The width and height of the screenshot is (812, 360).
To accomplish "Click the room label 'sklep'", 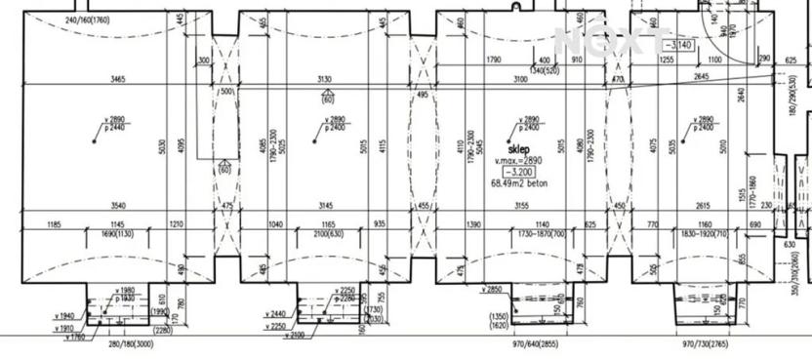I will pos(519,150).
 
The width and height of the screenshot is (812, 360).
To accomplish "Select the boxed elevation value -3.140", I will pos(677,45).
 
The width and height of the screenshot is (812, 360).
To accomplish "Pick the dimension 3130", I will pos(326,79).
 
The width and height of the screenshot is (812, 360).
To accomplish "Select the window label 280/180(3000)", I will pos(131,345).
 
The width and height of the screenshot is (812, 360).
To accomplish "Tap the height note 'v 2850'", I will pos(492,290).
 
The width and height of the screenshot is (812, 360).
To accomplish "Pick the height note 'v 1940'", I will pos(65,316).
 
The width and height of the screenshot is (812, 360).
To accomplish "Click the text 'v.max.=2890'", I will pos(518,160).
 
